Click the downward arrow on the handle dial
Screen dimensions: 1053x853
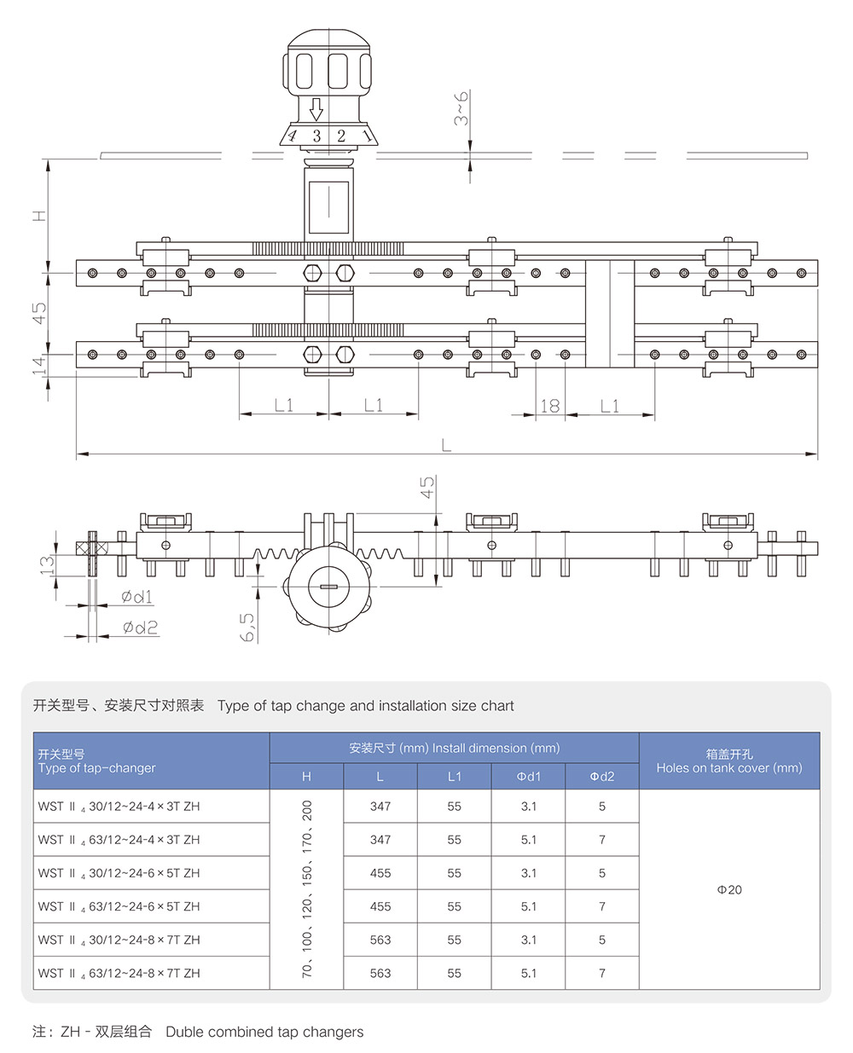316,109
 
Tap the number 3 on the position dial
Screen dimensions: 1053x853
316,136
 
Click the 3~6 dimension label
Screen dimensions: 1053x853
461,108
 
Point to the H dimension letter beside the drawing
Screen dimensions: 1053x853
39,215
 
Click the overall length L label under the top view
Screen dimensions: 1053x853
446,444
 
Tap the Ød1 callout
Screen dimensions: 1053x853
136,597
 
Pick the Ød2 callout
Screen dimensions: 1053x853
140,628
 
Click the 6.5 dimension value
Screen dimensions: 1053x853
247,627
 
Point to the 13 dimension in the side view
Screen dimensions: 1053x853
48,564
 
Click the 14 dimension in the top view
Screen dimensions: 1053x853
38,365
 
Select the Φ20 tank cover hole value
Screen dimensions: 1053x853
729,889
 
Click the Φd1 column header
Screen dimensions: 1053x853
528,776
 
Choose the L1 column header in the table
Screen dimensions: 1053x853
454,776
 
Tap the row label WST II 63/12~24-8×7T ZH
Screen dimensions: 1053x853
119,973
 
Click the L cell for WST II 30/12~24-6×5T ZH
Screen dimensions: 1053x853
380,873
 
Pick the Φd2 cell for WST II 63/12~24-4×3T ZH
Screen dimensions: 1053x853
601,840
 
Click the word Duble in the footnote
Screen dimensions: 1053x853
184,1032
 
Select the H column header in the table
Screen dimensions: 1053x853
306,776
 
